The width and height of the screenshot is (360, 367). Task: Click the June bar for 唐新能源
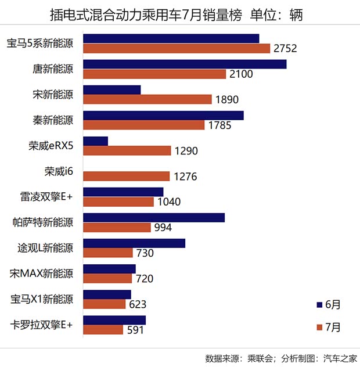tap(185, 64)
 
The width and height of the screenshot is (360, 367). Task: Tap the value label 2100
tap(242, 74)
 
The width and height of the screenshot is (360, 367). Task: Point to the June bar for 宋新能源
tap(112, 89)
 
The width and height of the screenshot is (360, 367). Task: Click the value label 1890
tap(226, 100)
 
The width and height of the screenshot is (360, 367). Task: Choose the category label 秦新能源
tap(53, 120)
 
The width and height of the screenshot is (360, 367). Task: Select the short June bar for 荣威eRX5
tap(96, 141)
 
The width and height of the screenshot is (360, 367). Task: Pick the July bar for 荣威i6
tap(127, 176)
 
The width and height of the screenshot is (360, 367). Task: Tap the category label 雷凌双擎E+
tap(46, 197)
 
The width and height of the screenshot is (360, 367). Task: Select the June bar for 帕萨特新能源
tap(154, 217)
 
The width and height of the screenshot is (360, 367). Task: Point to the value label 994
tap(163, 228)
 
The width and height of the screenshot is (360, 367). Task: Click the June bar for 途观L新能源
tap(134, 243)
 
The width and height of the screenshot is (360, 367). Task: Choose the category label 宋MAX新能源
tap(42, 274)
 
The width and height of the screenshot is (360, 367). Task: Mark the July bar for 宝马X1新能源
tap(105, 304)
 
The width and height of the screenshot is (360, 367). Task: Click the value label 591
tap(135, 330)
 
